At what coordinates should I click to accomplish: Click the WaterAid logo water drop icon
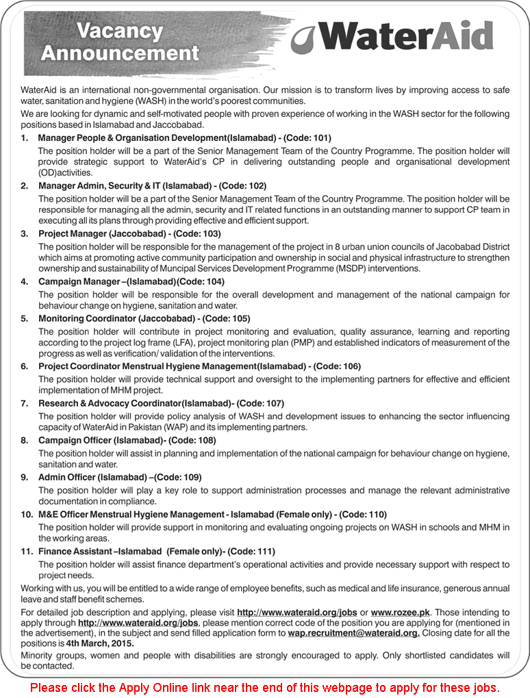(x=303, y=39)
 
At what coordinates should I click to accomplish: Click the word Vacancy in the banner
(x=119, y=31)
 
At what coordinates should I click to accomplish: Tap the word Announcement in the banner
(x=119, y=53)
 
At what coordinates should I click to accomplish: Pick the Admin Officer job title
(x=67, y=477)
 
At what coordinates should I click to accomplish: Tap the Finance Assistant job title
(x=76, y=551)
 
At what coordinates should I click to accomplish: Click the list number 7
(x=24, y=403)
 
